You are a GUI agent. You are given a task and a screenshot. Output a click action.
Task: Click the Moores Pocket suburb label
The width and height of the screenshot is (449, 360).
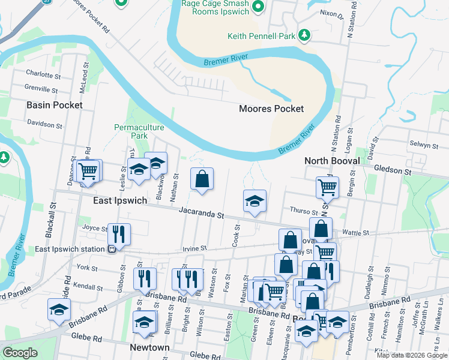click(271, 109)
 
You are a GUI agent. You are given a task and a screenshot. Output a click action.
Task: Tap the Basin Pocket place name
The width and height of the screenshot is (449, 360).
click(54, 105)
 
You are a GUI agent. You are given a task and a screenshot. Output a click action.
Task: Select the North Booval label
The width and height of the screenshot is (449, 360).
click(332, 161)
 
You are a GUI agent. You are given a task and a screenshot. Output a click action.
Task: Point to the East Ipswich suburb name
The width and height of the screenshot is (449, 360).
click(120, 200)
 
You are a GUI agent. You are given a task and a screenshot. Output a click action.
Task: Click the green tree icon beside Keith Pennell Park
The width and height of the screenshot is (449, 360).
click(305, 35)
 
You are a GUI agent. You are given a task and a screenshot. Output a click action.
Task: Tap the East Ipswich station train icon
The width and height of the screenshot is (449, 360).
click(112, 249)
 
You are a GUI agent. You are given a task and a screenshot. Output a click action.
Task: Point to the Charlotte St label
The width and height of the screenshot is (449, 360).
click(43, 74)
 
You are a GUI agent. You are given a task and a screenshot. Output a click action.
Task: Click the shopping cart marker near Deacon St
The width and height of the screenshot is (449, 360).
click(88, 170)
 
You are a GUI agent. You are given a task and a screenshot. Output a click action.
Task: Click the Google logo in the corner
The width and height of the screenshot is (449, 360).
click(20, 353)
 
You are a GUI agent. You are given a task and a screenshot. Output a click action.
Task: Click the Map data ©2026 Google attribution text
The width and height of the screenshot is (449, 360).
click(412, 355)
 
